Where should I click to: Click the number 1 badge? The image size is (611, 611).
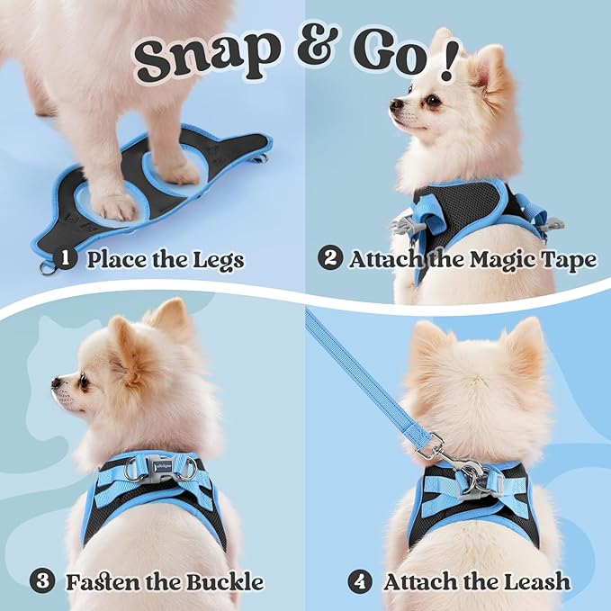(64, 260)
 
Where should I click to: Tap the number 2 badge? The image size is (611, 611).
(329, 260)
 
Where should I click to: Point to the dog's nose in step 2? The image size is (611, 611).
(396, 106)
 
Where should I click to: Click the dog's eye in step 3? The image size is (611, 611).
(83, 382)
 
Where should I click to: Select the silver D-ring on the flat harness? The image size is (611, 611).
(45, 267)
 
